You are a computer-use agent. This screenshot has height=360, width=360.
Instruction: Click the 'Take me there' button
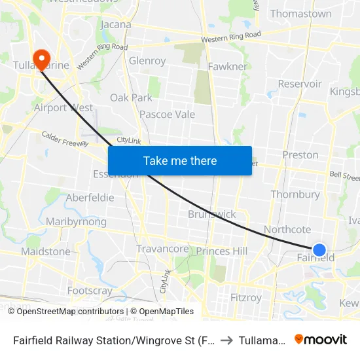179,160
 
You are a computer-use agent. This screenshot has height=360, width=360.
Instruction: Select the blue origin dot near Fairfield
319,249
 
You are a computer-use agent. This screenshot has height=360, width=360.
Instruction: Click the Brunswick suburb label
211,214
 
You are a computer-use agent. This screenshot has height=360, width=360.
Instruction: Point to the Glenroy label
147,61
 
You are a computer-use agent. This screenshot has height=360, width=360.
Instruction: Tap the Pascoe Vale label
167,115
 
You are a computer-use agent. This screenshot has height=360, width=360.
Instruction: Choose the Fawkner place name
227,67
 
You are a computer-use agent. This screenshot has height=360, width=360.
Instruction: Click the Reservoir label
300,84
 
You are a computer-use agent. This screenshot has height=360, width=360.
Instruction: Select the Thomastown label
300,14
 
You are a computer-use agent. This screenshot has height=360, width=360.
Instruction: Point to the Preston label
300,155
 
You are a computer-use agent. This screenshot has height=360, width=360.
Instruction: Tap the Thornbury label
295,194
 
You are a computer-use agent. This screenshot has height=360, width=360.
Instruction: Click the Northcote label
287,229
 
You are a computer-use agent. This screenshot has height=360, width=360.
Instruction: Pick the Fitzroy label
246,298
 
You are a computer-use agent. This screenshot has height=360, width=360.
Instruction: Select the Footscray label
90,290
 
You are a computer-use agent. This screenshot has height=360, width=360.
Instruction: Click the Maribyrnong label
76,222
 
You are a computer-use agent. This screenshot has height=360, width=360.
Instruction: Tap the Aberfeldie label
90,198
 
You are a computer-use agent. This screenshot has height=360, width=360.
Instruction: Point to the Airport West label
63,108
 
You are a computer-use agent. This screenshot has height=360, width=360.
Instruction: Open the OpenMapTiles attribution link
162,312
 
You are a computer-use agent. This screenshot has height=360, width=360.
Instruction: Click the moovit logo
320,339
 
